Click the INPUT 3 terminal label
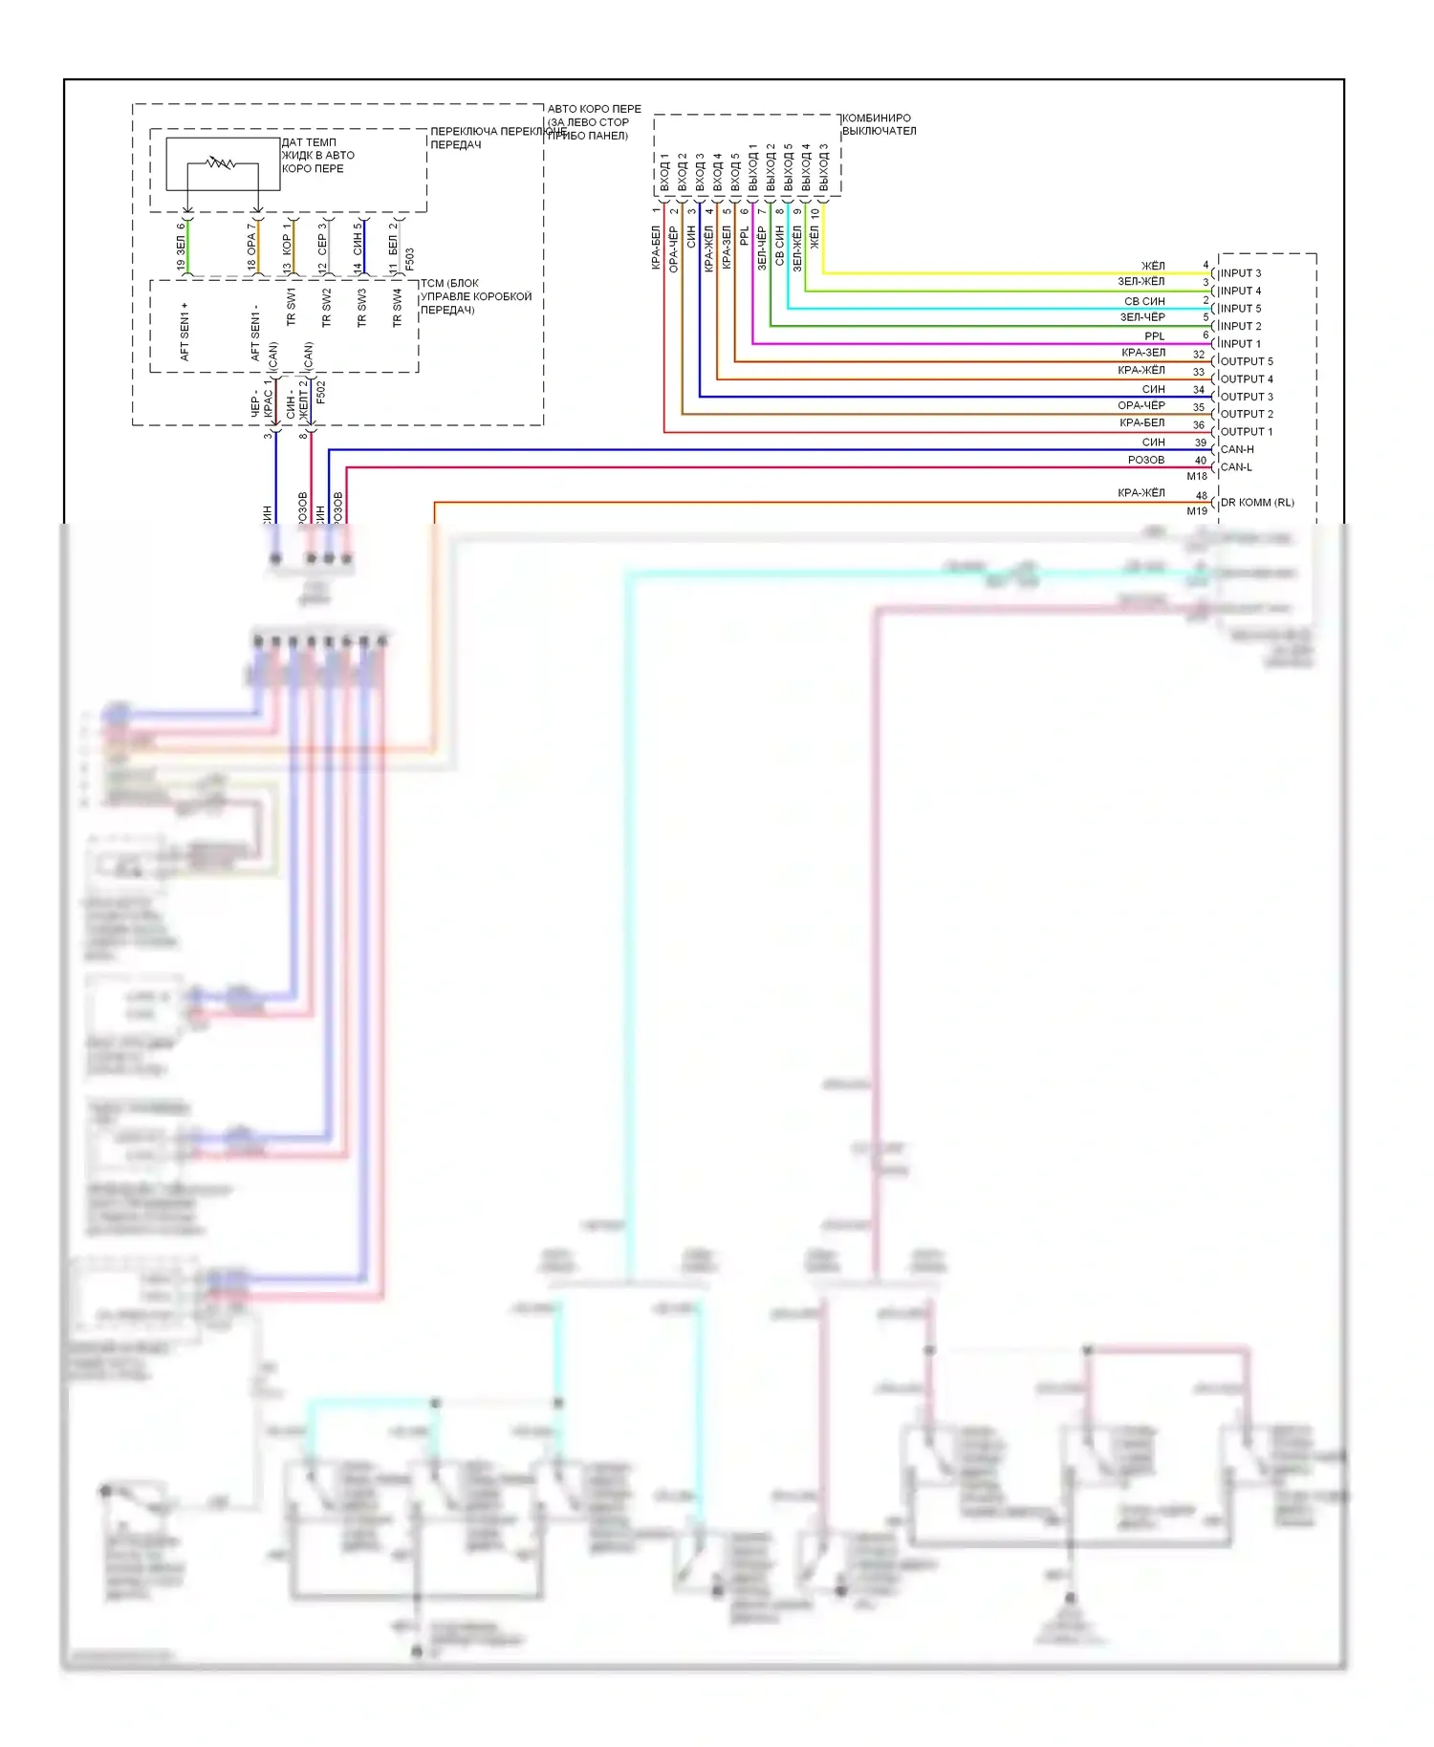(1240, 273)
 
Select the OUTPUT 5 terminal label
(1247, 361)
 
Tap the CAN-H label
(1237, 449)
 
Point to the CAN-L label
(1236, 467)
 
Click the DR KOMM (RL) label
(1257, 503)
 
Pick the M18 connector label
(1197, 476)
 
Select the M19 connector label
(1197, 511)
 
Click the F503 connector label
(410, 259)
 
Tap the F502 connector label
(321, 392)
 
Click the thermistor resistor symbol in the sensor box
(221, 163)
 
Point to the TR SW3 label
(361, 309)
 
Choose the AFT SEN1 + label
(185, 332)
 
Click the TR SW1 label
(291, 307)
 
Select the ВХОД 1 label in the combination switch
(664, 172)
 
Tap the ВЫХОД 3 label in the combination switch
(823, 168)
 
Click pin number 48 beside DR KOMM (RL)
(1202, 495)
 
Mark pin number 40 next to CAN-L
(1201, 461)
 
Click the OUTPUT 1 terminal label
(1247, 432)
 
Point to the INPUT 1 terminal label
(1240, 344)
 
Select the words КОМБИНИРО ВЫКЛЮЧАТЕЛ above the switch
(879, 124)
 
